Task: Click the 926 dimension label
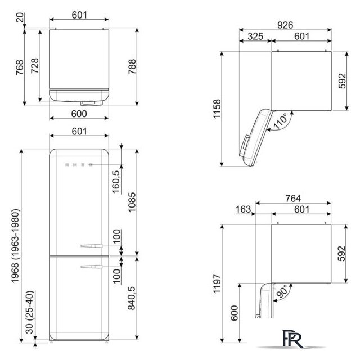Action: (285, 25)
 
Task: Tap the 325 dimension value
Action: (255, 36)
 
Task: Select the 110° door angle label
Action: (280, 121)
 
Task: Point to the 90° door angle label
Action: (282, 291)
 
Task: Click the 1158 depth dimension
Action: (217, 109)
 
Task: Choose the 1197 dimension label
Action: (217, 283)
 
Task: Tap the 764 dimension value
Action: (293, 199)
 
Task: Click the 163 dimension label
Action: (244, 209)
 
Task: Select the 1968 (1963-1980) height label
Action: (15, 246)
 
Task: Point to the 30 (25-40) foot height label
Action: (30, 312)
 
